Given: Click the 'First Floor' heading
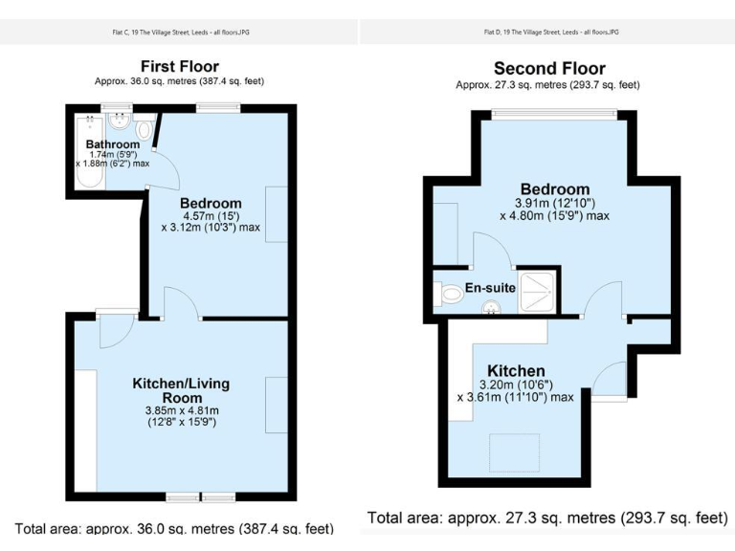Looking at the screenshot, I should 179,66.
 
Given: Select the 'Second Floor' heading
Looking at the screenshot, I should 549,69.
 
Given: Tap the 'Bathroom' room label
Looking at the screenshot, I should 113,144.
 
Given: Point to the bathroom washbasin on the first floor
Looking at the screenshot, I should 121,121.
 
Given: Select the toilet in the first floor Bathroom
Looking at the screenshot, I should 145,127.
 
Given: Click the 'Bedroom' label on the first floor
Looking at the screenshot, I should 211,203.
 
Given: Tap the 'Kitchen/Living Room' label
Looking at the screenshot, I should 181,390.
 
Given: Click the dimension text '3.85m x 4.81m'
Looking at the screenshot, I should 181,410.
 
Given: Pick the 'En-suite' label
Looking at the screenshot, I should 491,287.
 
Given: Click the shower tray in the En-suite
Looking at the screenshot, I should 539,294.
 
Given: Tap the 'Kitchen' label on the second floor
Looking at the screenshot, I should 516,371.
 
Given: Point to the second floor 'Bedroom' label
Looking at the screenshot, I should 555,188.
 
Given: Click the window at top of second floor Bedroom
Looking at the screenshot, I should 554,114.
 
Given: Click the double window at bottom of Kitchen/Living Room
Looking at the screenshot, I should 200,497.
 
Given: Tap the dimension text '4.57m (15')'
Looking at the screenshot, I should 211,216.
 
